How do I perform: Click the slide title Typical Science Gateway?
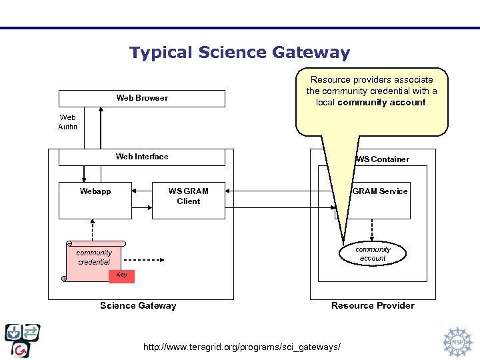pyautogui.click(x=239, y=53)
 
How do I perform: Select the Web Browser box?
pyautogui.click(x=142, y=98)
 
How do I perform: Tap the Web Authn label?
pyautogui.click(x=67, y=122)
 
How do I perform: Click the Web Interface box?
pyautogui.click(x=142, y=157)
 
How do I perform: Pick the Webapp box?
pyautogui.click(x=95, y=200)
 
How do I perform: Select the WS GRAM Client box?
pyautogui.click(x=188, y=200)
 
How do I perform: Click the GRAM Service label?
pyautogui.click(x=380, y=191)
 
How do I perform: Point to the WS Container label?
pyautogui.click(x=383, y=159)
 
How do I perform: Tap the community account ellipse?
pyautogui.click(x=373, y=253)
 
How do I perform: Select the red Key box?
pyautogui.click(x=121, y=276)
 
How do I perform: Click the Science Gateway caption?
pyautogui.click(x=138, y=306)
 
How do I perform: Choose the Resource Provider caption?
pyautogui.click(x=373, y=306)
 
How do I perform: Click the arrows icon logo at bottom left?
pyautogui.click(x=23, y=340)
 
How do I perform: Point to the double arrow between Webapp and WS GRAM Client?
pyautogui.click(x=141, y=191)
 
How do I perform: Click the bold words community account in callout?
pyautogui.click(x=381, y=103)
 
